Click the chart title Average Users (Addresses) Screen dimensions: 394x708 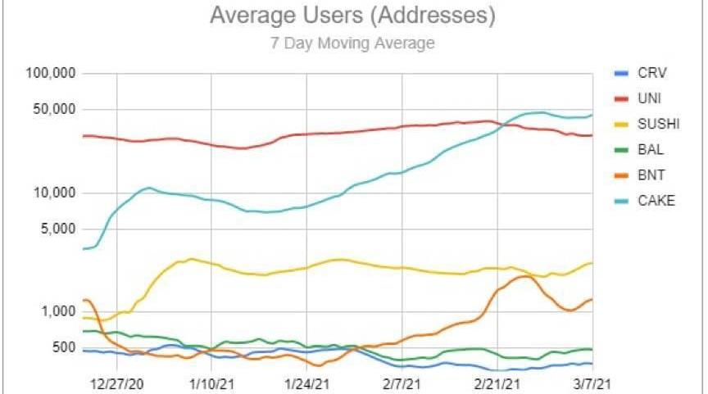click(x=352, y=16)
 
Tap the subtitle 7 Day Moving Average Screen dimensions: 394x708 click(x=352, y=43)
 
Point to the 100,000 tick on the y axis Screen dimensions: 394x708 click(x=51, y=74)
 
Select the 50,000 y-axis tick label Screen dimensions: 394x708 click(x=54, y=110)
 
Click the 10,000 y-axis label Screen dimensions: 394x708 click(x=54, y=193)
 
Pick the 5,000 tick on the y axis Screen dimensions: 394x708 click(x=57, y=229)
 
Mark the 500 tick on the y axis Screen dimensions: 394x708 click(x=63, y=348)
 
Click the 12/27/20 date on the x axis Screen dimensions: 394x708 click(x=117, y=383)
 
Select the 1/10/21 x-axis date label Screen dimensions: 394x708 click(x=212, y=383)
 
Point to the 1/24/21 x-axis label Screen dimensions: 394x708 click(x=306, y=383)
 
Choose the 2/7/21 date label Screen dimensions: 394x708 click(x=401, y=383)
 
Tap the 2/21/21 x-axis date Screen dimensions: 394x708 click(x=496, y=383)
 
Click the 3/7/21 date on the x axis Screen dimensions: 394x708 click(x=589, y=383)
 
